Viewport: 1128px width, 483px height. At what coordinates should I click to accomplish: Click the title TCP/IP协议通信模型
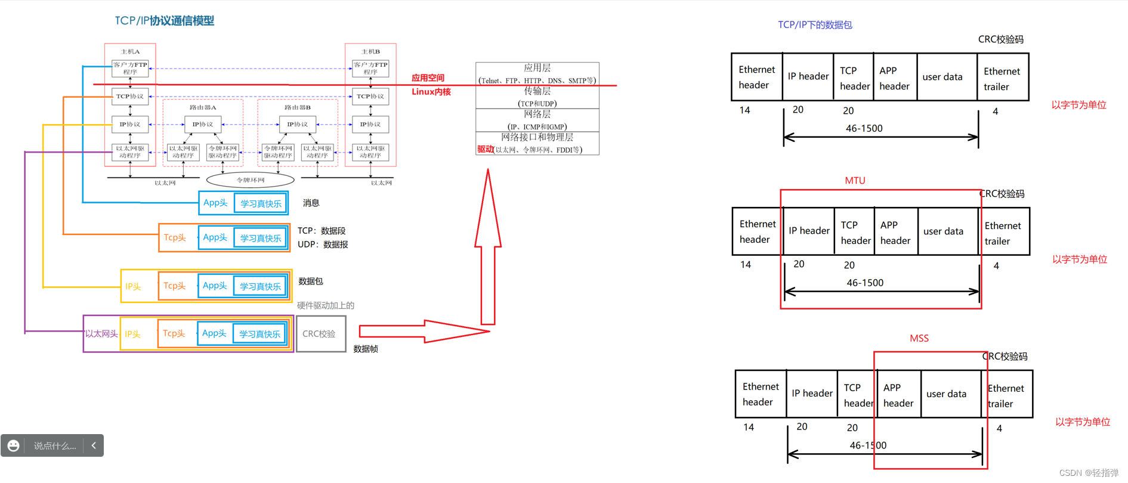(x=164, y=21)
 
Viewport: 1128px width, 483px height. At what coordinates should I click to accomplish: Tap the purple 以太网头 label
(x=101, y=334)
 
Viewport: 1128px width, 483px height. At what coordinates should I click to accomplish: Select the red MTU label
(x=855, y=181)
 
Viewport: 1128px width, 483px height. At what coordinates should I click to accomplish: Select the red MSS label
(x=919, y=338)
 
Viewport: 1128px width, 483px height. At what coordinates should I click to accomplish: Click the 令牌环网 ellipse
(x=250, y=179)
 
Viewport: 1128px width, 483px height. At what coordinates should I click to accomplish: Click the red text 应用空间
(x=428, y=78)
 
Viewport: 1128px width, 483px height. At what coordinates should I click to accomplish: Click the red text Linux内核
(x=431, y=92)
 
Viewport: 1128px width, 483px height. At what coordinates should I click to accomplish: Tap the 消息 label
(x=311, y=203)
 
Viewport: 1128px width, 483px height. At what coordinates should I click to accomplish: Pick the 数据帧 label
(x=365, y=349)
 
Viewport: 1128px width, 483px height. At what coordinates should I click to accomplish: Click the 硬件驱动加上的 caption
(x=325, y=305)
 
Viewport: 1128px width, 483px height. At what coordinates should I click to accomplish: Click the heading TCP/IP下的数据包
(x=815, y=25)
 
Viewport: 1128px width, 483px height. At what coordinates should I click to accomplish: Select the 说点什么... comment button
(x=55, y=446)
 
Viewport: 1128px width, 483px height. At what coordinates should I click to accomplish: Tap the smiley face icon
(x=14, y=446)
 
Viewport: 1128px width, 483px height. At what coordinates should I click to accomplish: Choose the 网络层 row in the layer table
(x=537, y=120)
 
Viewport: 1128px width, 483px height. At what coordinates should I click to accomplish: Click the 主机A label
(x=130, y=52)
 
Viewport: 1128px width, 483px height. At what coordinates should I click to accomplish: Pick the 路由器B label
(x=297, y=108)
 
